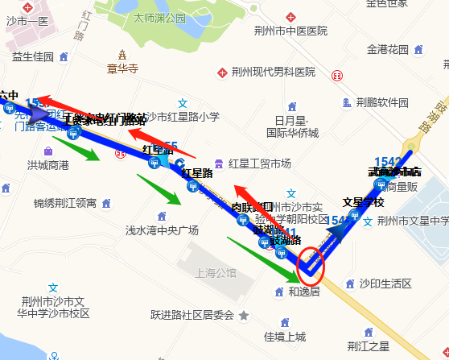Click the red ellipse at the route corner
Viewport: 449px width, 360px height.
311,263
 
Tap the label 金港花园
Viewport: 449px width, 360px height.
387,49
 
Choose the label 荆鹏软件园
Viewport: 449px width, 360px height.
382,102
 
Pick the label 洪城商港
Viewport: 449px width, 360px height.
47,165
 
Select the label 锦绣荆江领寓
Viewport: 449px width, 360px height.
64,202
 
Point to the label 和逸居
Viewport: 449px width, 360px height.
304,292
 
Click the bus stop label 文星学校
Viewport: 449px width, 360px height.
363,202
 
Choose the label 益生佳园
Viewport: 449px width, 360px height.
33,56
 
